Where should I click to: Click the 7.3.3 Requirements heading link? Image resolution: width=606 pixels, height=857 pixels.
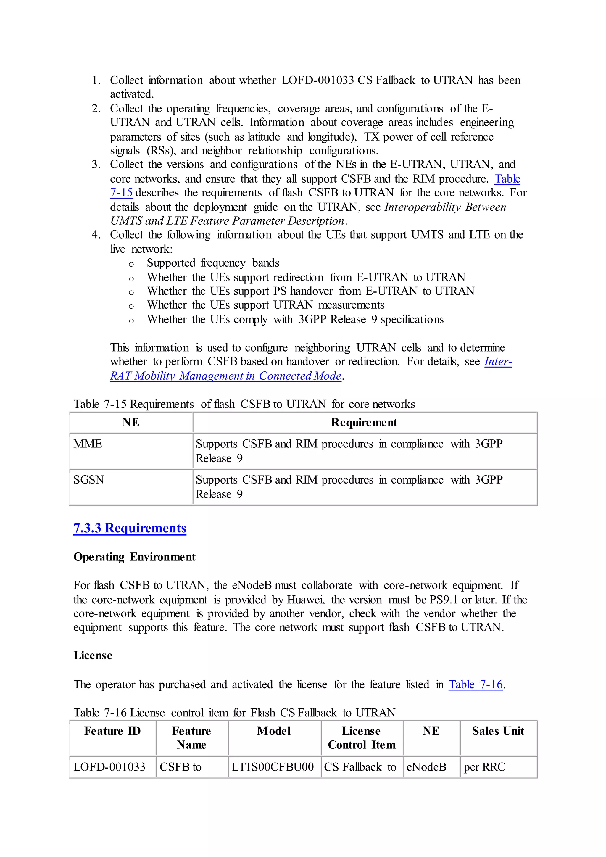[x=130, y=528]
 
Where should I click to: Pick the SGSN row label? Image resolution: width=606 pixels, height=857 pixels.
[x=89, y=480]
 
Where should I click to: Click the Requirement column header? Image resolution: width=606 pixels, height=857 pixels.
[x=364, y=423]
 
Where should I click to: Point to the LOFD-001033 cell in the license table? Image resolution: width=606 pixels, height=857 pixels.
[x=109, y=767]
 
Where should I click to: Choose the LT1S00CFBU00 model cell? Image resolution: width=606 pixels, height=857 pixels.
[x=273, y=767]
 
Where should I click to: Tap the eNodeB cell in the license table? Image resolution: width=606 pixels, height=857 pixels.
[x=426, y=767]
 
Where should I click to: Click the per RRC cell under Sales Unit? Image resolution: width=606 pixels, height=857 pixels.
[x=484, y=767]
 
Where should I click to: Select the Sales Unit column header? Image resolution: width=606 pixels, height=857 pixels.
[x=498, y=731]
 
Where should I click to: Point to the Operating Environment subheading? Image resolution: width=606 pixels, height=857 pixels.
[x=134, y=557]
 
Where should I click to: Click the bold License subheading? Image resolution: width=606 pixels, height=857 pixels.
[x=93, y=655]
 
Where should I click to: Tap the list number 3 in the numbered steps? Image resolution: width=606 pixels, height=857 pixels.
[x=96, y=165]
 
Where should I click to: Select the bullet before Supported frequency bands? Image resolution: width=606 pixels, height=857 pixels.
[x=131, y=264]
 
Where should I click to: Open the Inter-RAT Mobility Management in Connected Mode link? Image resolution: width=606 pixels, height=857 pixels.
[x=226, y=376]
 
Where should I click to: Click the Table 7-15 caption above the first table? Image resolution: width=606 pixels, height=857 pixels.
[x=244, y=404]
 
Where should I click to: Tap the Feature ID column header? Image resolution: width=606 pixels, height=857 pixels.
[x=112, y=731]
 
